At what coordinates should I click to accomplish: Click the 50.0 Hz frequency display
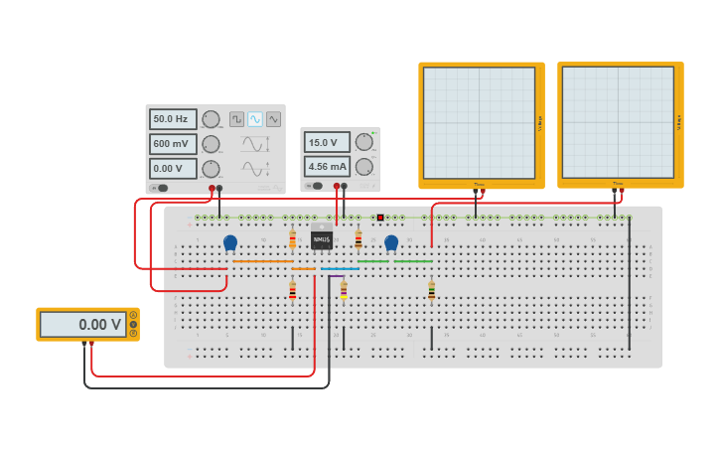173,119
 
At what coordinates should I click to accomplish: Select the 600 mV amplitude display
173,144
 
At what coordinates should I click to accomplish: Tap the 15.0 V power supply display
327,142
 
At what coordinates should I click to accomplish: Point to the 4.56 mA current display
327,167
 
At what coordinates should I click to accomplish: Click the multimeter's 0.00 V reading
83,325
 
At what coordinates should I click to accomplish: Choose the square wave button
237,119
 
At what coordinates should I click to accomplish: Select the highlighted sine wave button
255,119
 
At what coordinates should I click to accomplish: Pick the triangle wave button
273,119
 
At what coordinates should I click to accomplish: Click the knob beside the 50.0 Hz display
211,119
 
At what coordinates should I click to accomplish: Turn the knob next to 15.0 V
364,142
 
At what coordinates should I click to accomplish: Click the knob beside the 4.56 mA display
364,167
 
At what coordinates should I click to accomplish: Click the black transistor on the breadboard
321,239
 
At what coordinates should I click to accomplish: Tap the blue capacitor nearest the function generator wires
230,241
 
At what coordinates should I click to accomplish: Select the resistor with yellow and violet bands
344,290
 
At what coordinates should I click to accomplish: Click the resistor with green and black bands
431,290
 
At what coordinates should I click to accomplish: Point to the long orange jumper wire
262,261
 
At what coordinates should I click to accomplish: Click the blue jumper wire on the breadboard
340,268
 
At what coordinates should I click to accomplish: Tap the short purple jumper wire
304,268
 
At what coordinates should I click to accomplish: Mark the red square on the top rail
380,218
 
